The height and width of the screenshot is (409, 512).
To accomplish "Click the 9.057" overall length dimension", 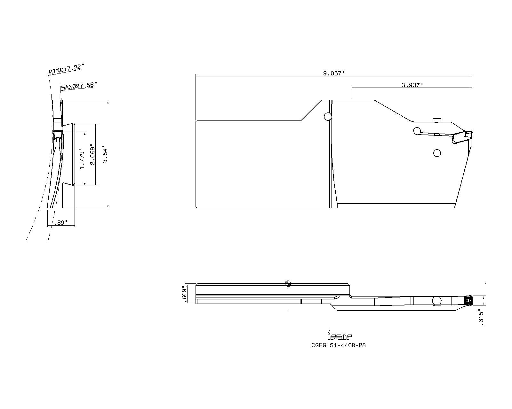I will point(334,73).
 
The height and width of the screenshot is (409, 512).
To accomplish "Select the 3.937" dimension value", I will point(412,85).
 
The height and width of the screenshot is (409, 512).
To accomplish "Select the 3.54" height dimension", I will point(105,154).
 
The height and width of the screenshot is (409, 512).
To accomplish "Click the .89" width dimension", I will point(61,222).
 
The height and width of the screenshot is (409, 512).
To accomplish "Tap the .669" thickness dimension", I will point(184,294).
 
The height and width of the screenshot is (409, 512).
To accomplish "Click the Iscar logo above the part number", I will point(339,335).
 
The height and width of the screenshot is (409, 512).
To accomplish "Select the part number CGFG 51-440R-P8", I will point(338,345).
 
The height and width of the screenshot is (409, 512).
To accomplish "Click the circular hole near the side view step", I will point(328,116).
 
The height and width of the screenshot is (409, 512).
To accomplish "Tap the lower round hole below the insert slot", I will point(437,153).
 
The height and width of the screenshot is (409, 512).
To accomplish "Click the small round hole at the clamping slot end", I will point(417,131).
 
